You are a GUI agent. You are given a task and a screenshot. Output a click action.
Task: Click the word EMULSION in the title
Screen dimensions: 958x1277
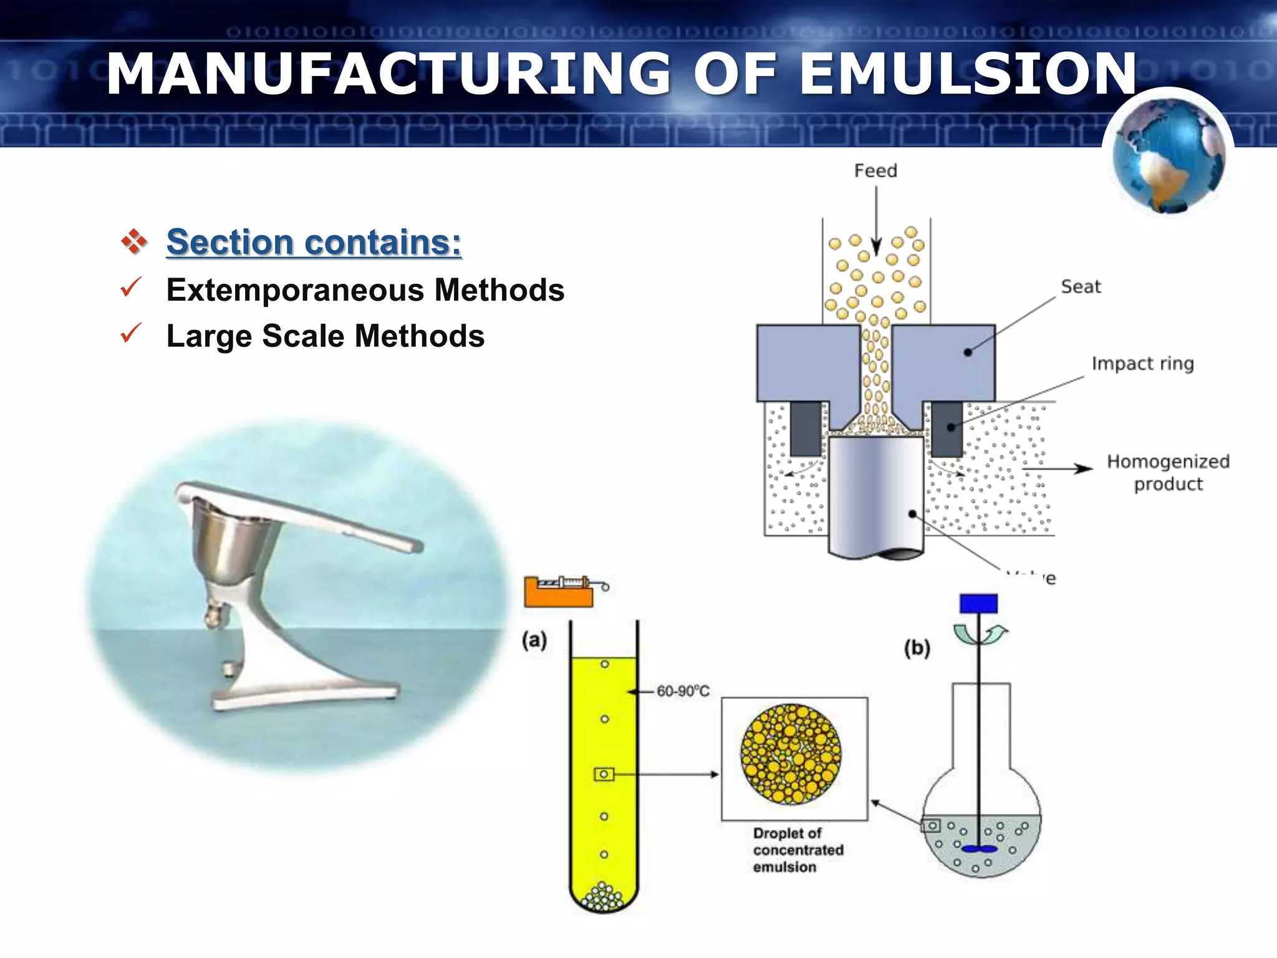(968, 74)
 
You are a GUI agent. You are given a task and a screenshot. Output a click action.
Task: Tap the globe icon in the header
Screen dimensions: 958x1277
(1168, 156)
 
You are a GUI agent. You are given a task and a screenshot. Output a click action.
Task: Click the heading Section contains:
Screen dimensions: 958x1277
(314, 242)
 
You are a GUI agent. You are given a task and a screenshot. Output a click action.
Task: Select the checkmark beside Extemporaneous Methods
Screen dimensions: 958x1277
(131, 288)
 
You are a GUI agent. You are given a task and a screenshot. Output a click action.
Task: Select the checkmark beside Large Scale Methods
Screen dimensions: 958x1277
(131, 333)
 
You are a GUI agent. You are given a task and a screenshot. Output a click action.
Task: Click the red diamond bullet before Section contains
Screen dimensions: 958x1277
(134, 241)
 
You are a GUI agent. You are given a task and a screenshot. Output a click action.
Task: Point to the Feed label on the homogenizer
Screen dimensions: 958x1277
(875, 170)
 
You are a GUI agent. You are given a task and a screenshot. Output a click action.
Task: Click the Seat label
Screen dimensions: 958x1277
(1081, 286)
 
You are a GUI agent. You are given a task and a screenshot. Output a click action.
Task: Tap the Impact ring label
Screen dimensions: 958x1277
(1142, 363)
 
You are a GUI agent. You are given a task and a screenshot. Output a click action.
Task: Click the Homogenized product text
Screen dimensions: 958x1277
(1168, 472)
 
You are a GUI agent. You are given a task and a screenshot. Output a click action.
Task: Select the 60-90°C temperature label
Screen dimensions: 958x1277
(683, 691)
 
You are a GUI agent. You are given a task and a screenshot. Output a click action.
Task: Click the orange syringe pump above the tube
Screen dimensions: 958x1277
(558, 593)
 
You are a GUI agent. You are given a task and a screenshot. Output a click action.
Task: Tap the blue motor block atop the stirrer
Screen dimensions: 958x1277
(978, 603)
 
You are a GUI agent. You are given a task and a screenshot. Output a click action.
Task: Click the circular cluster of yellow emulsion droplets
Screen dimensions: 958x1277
(791, 753)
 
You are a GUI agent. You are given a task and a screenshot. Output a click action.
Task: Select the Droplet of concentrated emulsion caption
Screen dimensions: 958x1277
(798, 849)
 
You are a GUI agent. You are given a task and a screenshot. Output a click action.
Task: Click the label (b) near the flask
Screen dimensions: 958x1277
(917, 648)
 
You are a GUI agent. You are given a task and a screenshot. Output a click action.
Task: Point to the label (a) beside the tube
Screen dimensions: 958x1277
(534, 640)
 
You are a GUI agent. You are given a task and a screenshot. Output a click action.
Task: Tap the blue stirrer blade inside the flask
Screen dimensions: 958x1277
(979, 849)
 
